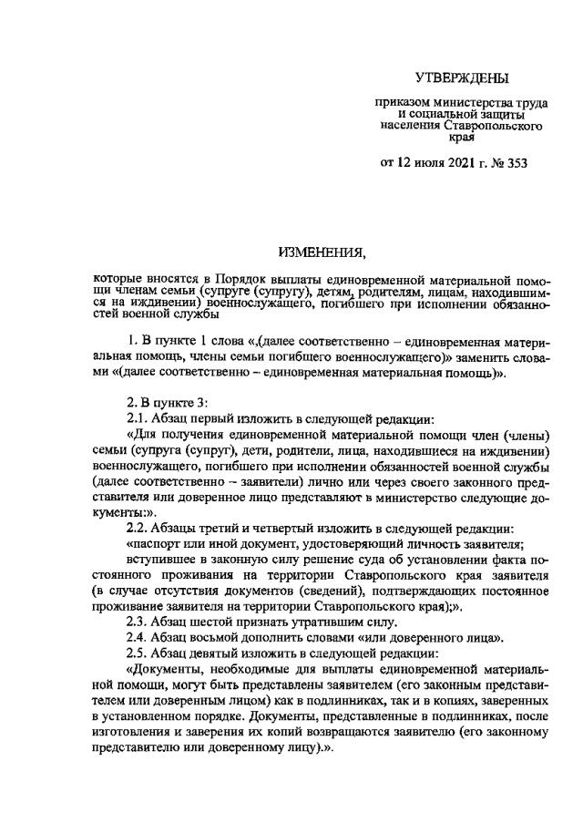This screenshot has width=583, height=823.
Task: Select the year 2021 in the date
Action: click(x=450, y=164)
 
